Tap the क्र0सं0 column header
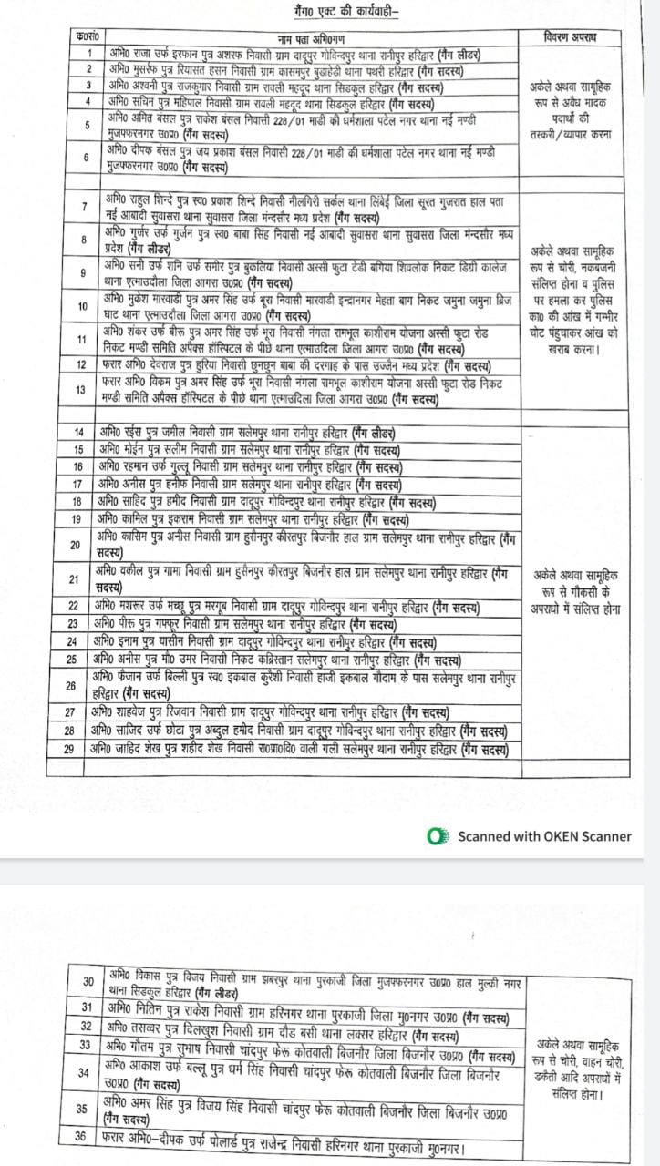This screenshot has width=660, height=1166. point(88,37)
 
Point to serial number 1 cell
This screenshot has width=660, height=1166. point(88,54)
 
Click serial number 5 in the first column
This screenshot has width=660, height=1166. point(88,126)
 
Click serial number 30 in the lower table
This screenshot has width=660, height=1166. point(88,981)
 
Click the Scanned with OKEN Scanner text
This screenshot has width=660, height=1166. point(544,835)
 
